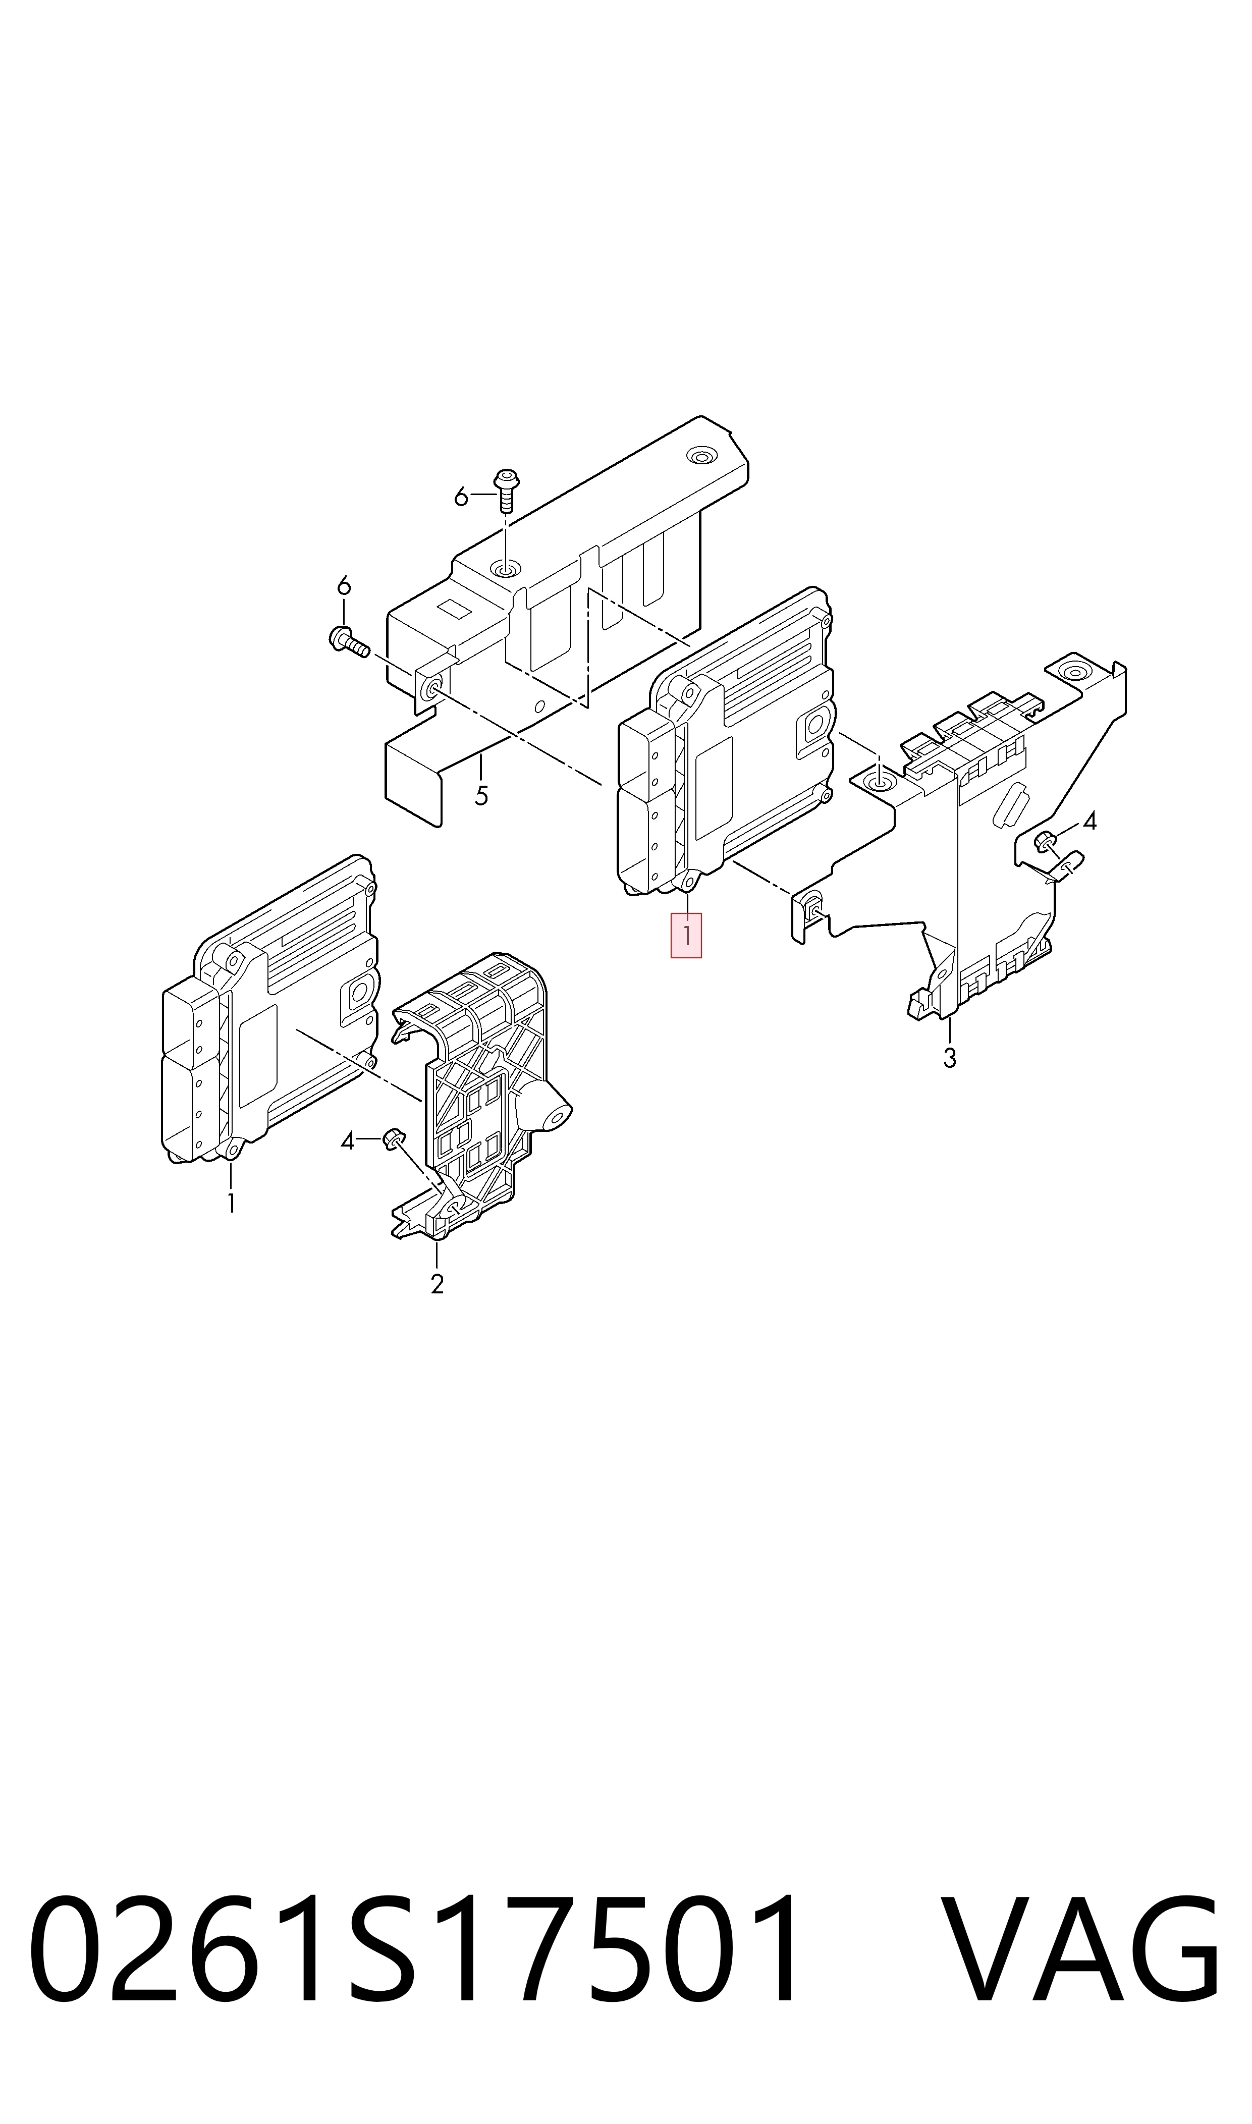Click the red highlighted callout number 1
(686, 936)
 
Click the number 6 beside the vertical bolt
(461, 498)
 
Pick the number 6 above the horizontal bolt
(343, 584)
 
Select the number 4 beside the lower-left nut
(348, 1141)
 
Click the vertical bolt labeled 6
(506, 489)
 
